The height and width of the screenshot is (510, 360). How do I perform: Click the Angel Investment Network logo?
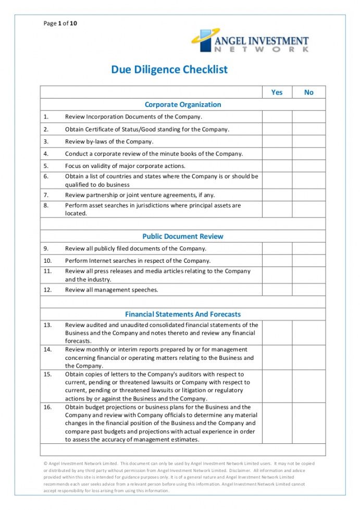click(250, 41)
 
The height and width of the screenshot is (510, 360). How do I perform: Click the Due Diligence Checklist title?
click(169, 69)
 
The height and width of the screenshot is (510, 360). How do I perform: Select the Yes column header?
click(277, 92)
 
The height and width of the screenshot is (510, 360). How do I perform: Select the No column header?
click(309, 92)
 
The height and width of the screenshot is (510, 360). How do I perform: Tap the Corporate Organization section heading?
click(183, 104)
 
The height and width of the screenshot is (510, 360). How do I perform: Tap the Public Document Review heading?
click(183, 236)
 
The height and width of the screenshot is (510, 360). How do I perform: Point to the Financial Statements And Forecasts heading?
click(183, 314)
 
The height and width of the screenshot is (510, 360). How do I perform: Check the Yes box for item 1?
click(277, 117)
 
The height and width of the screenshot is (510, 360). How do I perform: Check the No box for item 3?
click(309, 141)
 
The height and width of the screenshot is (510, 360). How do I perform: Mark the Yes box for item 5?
click(277, 166)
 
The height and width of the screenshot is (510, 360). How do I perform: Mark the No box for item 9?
click(309, 249)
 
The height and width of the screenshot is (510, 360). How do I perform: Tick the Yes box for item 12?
click(277, 289)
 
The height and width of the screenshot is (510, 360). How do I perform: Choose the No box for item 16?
click(309, 423)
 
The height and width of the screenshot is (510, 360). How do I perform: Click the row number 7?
click(46, 195)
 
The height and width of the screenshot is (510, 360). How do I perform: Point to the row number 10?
click(47, 261)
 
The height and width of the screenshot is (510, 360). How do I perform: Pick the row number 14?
click(47, 349)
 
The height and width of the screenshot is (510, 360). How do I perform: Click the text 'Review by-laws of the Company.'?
click(109, 141)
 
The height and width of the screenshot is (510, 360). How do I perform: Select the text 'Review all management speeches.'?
click(111, 289)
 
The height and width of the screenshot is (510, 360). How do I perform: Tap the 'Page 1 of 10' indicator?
click(60, 23)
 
